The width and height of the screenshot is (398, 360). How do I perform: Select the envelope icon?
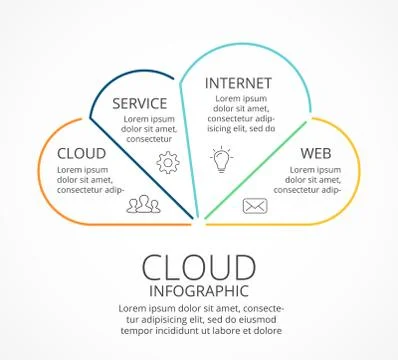click(255, 206)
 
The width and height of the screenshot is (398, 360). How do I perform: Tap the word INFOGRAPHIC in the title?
click(198, 291)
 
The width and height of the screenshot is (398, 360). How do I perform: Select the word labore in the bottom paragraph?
click(234, 330)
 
